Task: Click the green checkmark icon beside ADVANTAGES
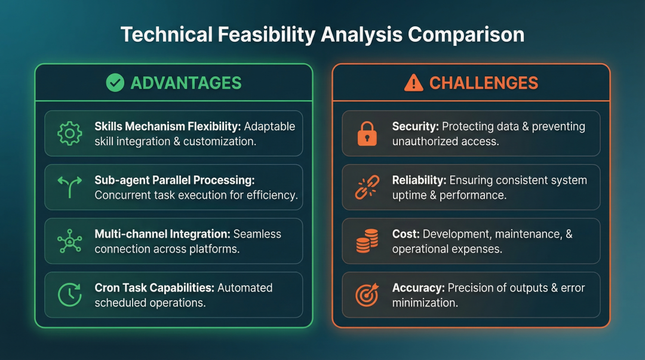click(x=115, y=83)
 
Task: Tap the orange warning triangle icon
click(x=413, y=83)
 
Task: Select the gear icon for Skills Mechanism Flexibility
click(x=69, y=133)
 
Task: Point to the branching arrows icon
click(x=69, y=187)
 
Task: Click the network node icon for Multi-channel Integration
click(x=69, y=241)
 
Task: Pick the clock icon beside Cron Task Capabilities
click(x=69, y=294)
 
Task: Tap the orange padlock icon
click(x=367, y=133)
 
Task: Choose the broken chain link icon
click(x=367, y=187)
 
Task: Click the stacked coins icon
click(x=367, y=241)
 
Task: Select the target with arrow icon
click(x=367, y=294)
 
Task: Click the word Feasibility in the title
click(x=266, y=35)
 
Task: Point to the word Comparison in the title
click(x=466, y=35)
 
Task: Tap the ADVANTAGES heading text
click(x=186, y=83)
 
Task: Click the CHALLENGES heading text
click(x=484, y=83)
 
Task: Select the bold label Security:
click(x=416, y=127)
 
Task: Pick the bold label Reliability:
click(x=419, y=180)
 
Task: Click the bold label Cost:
click(x=406, y=233)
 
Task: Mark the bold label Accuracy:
click(x=418, y=288)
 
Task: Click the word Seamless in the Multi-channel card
click(x=257, y=233)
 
